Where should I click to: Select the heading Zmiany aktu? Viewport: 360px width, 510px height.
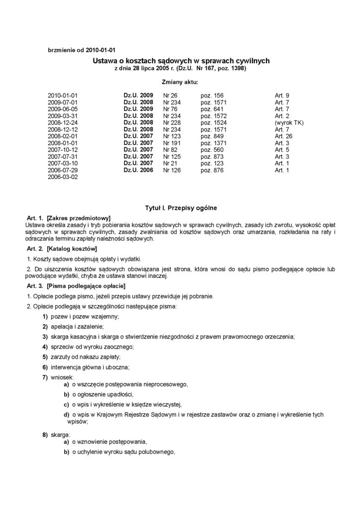180,81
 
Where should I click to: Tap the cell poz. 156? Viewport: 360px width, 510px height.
212,95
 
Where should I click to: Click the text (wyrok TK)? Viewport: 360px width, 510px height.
289,123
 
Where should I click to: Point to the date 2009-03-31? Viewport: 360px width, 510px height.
63,116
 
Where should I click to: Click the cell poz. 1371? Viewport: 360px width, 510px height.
214,143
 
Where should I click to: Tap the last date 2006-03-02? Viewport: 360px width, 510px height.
63,177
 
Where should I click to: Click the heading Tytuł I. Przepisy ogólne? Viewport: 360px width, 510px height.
180,206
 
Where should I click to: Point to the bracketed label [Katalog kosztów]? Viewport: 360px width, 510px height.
71,248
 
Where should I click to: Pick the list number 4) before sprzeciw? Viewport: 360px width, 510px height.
45,346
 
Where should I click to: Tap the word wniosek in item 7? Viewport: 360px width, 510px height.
62,378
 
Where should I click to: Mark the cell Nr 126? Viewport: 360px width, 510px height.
172,170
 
